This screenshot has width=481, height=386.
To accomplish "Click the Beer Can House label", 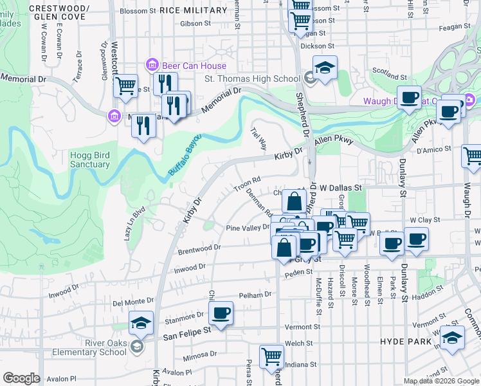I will (x=195, y=66).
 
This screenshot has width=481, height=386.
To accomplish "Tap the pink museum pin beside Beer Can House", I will (x=152, y=65).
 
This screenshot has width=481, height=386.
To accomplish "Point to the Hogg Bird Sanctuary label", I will (x=90, y=160).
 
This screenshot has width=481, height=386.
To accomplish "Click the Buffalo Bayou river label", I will (x=185, y=155).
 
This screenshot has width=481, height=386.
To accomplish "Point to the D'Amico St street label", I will (x=431, y=150).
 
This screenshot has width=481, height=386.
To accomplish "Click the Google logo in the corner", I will (x=21, y=378).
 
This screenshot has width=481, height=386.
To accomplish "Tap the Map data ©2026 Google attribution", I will (x=440, y=381).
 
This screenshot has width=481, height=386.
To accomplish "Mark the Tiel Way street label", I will (x=259, y=138).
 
